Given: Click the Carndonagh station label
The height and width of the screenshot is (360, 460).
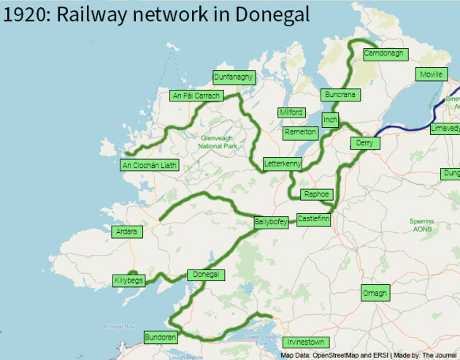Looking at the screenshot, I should (383, 55).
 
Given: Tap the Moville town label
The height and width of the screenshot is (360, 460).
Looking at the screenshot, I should (431, 74).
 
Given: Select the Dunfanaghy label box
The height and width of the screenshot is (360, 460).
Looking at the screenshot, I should (233, 77).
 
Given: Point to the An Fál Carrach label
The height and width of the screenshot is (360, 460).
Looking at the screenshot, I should (195, 96).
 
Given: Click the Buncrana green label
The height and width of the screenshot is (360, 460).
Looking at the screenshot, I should (340, 95).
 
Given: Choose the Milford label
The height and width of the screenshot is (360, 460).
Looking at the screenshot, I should (291, 112).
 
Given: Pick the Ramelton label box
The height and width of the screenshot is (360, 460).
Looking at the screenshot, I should (301, 132).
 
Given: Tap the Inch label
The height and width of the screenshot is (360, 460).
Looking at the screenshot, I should (330, 119).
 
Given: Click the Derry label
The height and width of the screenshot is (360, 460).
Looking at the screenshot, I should (365, 143).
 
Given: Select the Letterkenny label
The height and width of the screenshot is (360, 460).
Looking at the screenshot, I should (283, 164).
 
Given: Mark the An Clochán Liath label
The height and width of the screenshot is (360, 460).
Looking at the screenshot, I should (149, 165).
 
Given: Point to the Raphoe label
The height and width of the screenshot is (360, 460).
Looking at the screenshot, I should (317, 194).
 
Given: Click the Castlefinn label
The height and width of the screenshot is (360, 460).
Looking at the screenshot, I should (314, 218).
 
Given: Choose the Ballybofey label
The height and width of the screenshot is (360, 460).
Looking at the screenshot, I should (271, 222).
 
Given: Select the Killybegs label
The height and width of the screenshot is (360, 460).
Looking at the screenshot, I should (129, 280).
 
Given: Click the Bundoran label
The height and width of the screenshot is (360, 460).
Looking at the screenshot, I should (160, 337).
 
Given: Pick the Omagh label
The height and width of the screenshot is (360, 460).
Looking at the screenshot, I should (376, 294).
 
